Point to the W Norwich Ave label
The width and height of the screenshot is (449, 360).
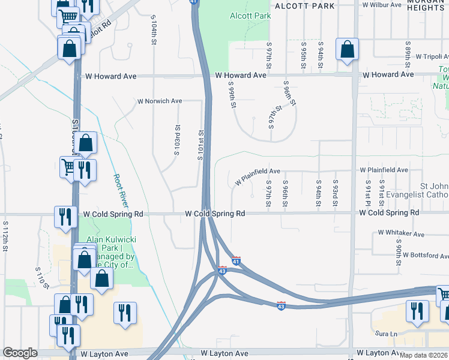click(x=160, y=101)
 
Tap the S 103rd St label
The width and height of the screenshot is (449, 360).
click(x=177, y=139)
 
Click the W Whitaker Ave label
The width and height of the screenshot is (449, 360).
click(x=401, y=233)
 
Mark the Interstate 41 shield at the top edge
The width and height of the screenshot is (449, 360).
click(x=193, y=2)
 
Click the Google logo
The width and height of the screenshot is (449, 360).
click(x=20, y=353)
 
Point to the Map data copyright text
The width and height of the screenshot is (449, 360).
click(x=423, y=355)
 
